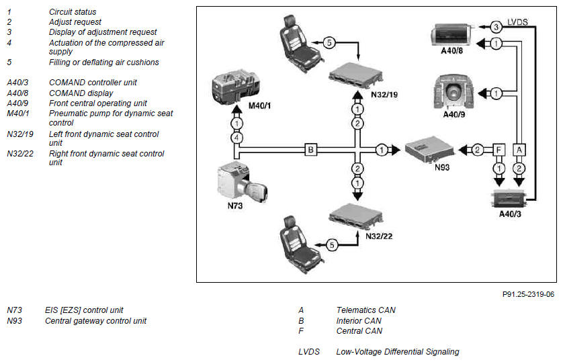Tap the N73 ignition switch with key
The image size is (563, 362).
click(x=241, y=182)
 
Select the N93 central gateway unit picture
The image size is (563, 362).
click(x=429, y=149)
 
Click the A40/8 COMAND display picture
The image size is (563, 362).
click(x=453, y=35)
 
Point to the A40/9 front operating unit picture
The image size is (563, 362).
click(x=454, y=92)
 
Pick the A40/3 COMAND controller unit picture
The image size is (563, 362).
click(x=509, y=199)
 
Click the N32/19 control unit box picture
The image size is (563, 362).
click(x=356, y=76)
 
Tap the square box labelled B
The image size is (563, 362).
click(x=311, y=149)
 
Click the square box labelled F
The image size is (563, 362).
click(x=499, y=150)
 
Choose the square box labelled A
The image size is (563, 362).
click(x=519, y=150)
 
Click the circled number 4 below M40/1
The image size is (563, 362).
click(x=236, y=138)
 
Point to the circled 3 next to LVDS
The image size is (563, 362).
click(x=496, y=27)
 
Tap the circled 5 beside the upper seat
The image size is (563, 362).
click(x=329, y=43)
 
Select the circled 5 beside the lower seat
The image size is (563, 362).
click(x=332, y=245)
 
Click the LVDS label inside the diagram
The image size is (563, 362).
click(x=517, y=22)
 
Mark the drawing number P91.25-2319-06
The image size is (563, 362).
click(x=528, y=294)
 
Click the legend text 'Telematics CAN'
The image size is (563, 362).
click(x=366, y=310)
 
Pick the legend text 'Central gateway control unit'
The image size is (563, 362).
click(x=95, y=321)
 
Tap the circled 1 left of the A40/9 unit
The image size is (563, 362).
click(x=496, y=93)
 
